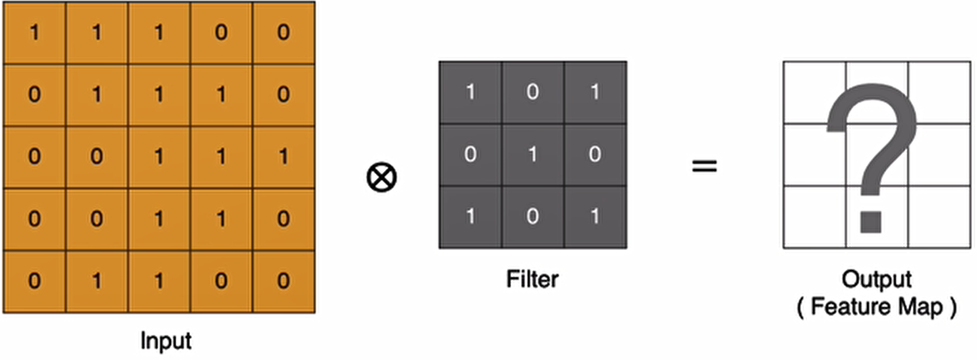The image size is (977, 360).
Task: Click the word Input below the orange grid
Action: (x=167, y=342)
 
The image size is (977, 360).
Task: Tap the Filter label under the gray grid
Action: (x=533, y=279)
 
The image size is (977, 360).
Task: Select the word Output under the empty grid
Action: (x=876, y=279)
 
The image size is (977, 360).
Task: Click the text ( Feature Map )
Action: (x=876, y=306)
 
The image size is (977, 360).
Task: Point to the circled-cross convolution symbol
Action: (x=381, y=176)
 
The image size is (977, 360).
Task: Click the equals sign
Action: (x=704, y=165)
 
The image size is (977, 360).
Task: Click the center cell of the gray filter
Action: (x=533, y=154)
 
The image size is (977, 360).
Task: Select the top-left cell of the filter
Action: (x=470, y=92)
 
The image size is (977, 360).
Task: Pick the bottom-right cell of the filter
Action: (x=595, y=217)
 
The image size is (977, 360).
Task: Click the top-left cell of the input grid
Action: (x=34, y=33)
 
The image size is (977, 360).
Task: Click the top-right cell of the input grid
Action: (x=283, y=33)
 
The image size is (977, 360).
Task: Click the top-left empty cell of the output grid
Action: (x=814, y=92)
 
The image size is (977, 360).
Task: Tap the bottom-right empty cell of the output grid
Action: (x=939, y=217)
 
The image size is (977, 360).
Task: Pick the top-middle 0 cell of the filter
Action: (x=533, y=92)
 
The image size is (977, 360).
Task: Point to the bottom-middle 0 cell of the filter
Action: (x=533, y=217)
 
